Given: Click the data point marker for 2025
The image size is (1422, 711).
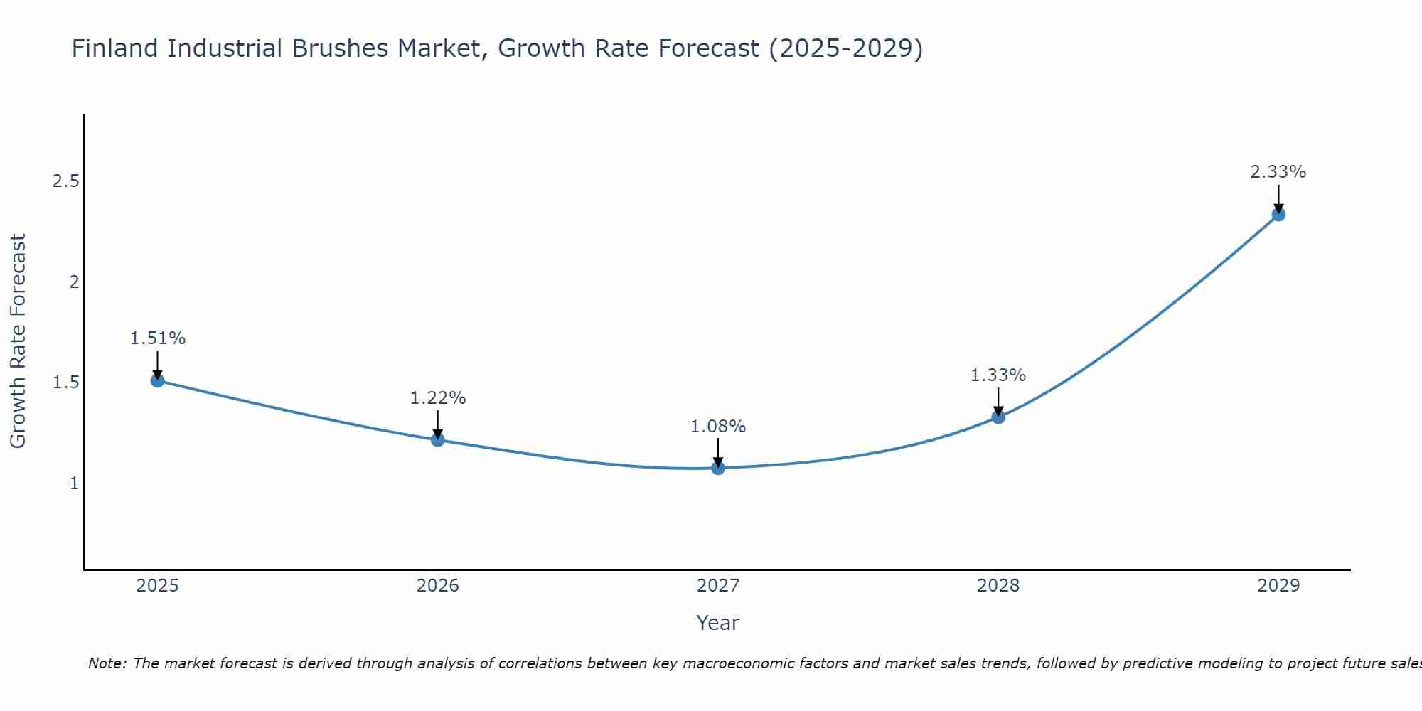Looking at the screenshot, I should click(158, 380).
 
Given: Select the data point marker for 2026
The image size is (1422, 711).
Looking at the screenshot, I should click(438, 439).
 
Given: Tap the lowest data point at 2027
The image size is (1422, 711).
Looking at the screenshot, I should click(718, 468).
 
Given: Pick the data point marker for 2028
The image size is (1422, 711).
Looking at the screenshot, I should click(998, 417).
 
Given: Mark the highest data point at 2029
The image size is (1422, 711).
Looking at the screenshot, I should click(1278, 214).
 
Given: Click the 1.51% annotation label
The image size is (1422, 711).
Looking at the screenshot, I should click(158, 338).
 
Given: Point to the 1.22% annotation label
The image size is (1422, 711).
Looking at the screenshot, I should click(438, 398).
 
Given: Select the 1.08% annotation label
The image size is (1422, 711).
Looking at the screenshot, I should click(718, 427).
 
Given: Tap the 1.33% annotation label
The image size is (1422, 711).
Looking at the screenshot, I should click(998, 375).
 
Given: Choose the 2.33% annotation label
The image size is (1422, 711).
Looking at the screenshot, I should click(1278, 172).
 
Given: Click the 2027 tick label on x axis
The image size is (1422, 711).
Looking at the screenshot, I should click(718, 586).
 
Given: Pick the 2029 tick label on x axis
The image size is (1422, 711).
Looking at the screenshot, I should click(1278, 586).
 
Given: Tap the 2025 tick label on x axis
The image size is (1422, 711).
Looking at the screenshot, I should click(158, 586).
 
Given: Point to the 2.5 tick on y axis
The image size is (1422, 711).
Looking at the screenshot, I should click(65, 181).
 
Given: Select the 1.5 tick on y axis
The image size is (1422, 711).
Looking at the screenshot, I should click(65, 383).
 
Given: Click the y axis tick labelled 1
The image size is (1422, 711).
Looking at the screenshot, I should click(73, 483).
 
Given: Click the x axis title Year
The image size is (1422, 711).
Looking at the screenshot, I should click(718, 623).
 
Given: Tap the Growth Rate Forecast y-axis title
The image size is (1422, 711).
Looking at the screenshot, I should click(18, 341).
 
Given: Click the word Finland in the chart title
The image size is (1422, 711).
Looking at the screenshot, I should click(114, 48).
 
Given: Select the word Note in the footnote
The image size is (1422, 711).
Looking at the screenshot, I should click(106, 663).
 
